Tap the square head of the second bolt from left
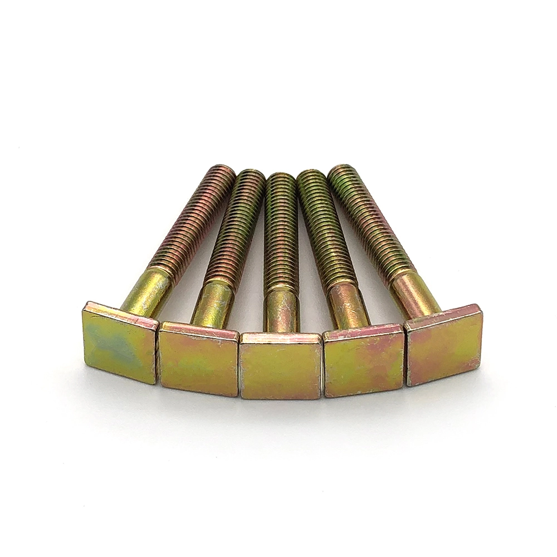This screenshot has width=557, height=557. click(x=198, y=359)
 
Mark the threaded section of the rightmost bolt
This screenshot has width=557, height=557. click(x=370, y=223)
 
